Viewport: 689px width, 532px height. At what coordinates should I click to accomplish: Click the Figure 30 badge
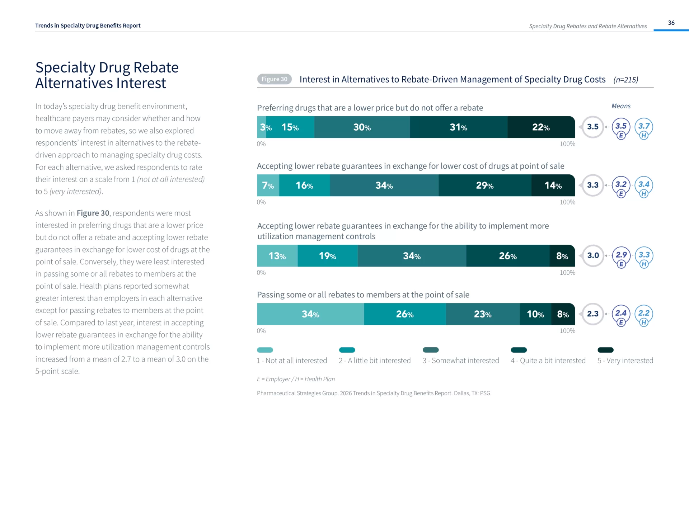point(274,79)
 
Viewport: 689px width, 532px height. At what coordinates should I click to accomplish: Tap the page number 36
point(671,23)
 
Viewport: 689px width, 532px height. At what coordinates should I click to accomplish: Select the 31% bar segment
point(458,127)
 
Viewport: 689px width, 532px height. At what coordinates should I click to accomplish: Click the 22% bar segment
point(541,127)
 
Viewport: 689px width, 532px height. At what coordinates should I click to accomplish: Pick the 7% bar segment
point(268,185)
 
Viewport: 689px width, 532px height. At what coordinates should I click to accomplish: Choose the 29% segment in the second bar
point(484,185)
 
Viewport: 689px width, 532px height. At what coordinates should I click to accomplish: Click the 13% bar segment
point(277,256)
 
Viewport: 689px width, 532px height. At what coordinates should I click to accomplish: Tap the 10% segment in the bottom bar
point(535,314)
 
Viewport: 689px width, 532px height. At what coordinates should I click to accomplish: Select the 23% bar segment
point(482,314)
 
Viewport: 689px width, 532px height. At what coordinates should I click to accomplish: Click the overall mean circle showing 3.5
point(593,127)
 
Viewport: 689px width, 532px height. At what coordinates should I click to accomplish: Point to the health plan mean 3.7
point(644,126)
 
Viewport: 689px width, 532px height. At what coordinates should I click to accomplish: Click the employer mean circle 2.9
point(621,255)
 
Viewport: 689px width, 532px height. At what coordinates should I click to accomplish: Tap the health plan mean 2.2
point(644,313)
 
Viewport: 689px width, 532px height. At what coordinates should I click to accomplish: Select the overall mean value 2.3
point(593,314)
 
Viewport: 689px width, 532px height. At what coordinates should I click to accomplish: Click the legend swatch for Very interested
point(605,350)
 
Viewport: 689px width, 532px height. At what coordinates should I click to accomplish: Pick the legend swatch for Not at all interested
point(265,350)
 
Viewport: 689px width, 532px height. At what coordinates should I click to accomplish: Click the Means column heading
point(621,106)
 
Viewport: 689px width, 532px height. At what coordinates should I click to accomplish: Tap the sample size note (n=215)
point(625,80)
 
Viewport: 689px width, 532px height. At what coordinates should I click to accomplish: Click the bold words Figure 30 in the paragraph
point(93,213)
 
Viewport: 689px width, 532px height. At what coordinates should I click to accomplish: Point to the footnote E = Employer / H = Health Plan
point(296,379)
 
